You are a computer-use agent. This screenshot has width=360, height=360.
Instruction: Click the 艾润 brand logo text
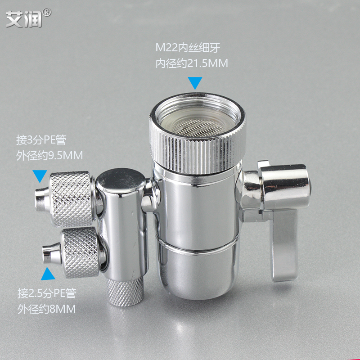(x=24, y=18)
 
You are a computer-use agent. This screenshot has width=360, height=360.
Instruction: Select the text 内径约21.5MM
(x=192, y=63)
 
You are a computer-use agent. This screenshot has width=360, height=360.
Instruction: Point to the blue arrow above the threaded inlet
(x=195, y=83)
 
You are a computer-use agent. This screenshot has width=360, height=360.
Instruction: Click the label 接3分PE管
(x=41, y=140)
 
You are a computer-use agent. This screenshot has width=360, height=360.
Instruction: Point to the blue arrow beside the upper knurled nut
(x=40, y=176)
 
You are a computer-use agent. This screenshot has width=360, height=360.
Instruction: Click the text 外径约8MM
(x=46, y=309)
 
